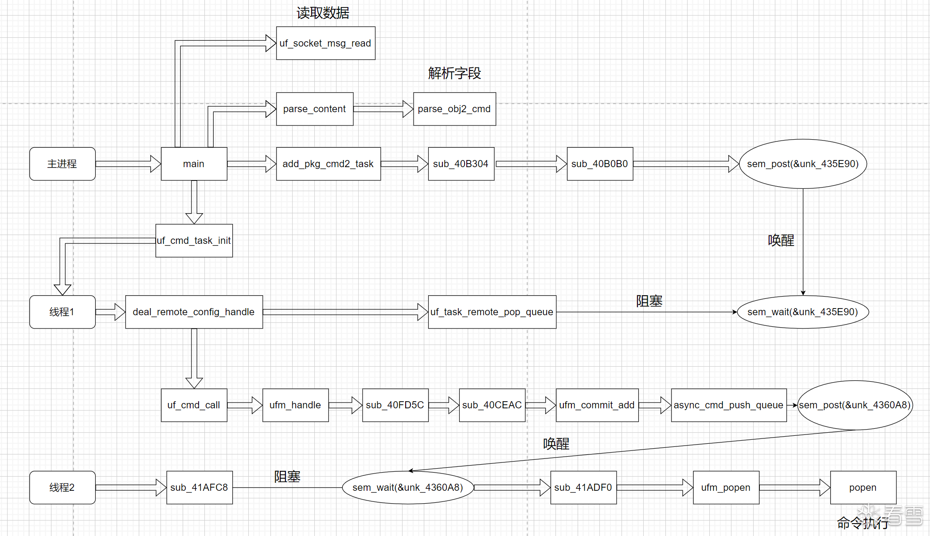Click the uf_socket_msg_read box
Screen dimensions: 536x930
pyautogui.click(x=325, y=43)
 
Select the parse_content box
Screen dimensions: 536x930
pyautogui.click(x=314, y=109)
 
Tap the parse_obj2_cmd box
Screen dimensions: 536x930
pyautogui.click(x=454, y=109)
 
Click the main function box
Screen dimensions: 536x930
pyautogui.click(x=194, y=164)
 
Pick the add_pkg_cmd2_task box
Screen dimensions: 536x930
pyautogui.click(x=328, y=164)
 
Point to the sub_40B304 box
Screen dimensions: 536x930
pyautogui.click(x=461, y=164)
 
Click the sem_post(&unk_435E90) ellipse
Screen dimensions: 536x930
pyautogui.click(x=803, y=164)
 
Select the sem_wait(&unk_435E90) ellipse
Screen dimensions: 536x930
pyautogui.click(x=803, y=312)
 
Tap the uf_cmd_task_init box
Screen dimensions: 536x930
pyautogui.click(x=194, y=241)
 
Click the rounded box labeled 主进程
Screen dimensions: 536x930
pyautogui.click(x=62, y=164)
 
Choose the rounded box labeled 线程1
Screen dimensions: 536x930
pyautogui.click(x=62, y=312)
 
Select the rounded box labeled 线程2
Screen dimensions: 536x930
pyautogui.click(x=62, y=488)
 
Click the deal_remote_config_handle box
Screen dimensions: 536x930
pyautogui.click(x=194, y=312)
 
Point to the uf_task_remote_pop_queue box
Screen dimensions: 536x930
pyautogui.click(x=492, y=312)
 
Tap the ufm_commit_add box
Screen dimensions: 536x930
pyautogui.click(x=597, y=405)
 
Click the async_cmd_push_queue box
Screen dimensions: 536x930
pyautogui.click(x=729, y=405)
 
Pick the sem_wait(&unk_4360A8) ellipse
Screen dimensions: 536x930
pyautogui.click(x=408, y=488)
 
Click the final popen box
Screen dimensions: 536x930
pyautogui.click(x=863, y=488)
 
